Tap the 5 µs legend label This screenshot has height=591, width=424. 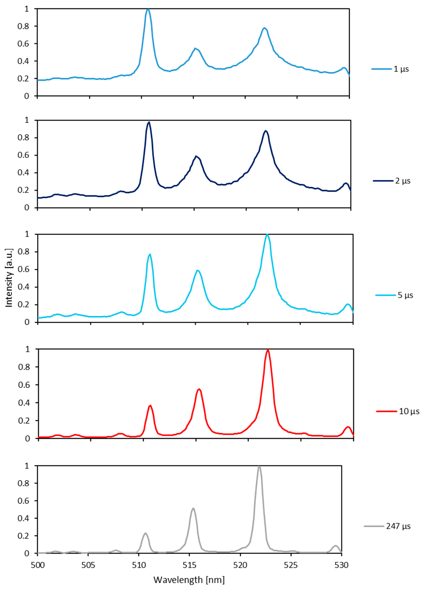click(x=405, y=295)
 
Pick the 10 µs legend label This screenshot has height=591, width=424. click(x=409, y=411)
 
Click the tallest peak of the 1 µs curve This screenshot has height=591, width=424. click(x=148, y=9)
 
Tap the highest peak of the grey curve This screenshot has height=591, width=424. click(x=259, y=467)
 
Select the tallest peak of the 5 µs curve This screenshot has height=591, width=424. click(x=267, y=235)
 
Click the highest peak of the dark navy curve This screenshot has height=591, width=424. click(x=149, y=122)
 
